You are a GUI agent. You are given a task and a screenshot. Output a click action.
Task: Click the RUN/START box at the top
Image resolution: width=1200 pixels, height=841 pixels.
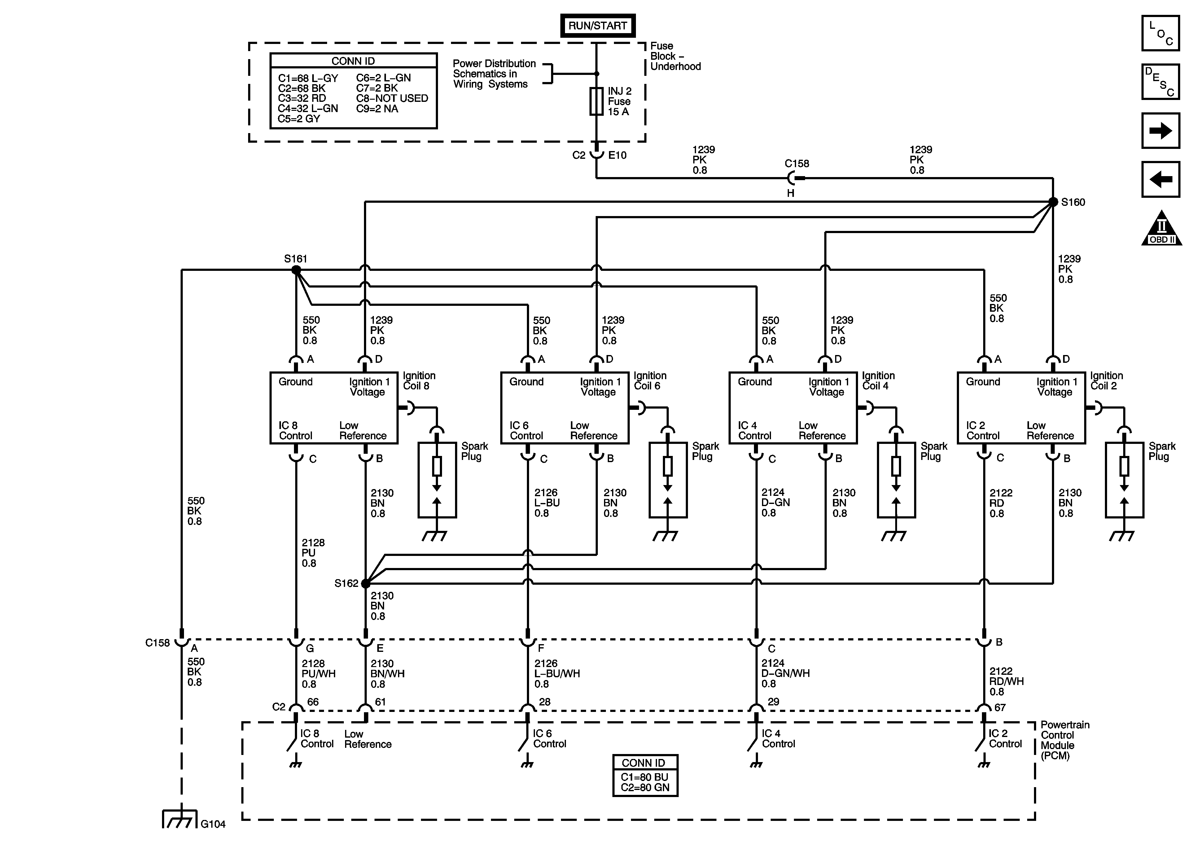598,26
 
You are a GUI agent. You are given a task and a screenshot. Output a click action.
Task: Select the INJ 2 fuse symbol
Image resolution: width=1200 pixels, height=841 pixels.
596,101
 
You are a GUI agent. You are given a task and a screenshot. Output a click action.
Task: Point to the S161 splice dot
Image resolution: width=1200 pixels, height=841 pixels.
296,270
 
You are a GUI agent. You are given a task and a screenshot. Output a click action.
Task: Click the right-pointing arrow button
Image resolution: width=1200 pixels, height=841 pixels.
1160,131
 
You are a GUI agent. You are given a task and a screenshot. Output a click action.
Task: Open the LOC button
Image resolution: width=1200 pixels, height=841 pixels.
1160,33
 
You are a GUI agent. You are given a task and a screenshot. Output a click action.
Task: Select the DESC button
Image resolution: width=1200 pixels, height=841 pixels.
1160,81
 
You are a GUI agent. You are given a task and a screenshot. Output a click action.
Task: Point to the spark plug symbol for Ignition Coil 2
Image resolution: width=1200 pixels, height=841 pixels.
1124,479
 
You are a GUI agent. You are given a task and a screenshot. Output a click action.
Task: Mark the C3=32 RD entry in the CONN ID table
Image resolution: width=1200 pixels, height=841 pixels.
302,98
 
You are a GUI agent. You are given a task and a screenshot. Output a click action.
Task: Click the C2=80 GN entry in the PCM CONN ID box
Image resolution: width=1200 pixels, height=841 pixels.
645,788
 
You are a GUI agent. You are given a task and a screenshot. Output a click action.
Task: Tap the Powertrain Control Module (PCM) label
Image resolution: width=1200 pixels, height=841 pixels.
1065,740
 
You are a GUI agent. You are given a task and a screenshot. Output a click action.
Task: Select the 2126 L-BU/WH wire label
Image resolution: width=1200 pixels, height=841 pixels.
557,673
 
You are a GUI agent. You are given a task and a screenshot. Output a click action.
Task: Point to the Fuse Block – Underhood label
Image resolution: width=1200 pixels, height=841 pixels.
675,56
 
